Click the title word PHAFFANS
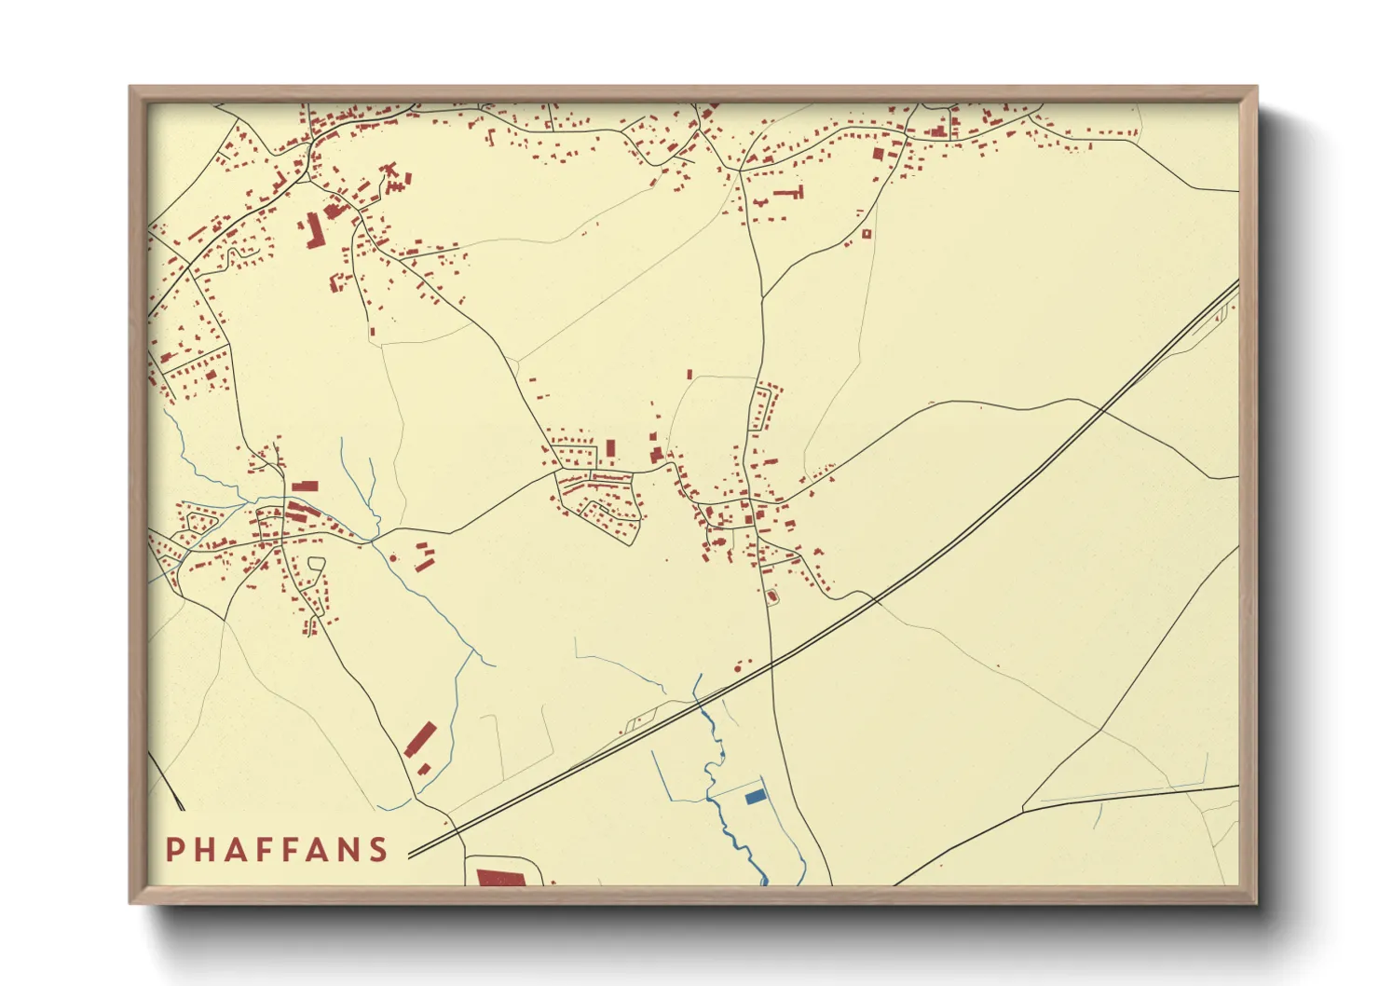pos(277,849)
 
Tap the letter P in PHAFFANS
pos(173,849)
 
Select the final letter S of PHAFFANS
pos(377,849)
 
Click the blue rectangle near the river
pos(756,796)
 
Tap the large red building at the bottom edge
pos(501,878)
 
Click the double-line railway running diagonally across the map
pos(932,559)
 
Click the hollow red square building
pos(866,234)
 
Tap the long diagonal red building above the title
pos(421,738)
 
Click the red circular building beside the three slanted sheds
pos(393,558)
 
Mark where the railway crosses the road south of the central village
pos(771,664)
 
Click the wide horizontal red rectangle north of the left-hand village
pos(305,486)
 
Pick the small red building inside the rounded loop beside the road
pos(771,595)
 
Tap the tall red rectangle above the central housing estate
pos(611,448)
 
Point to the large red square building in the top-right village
pos(877,154)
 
